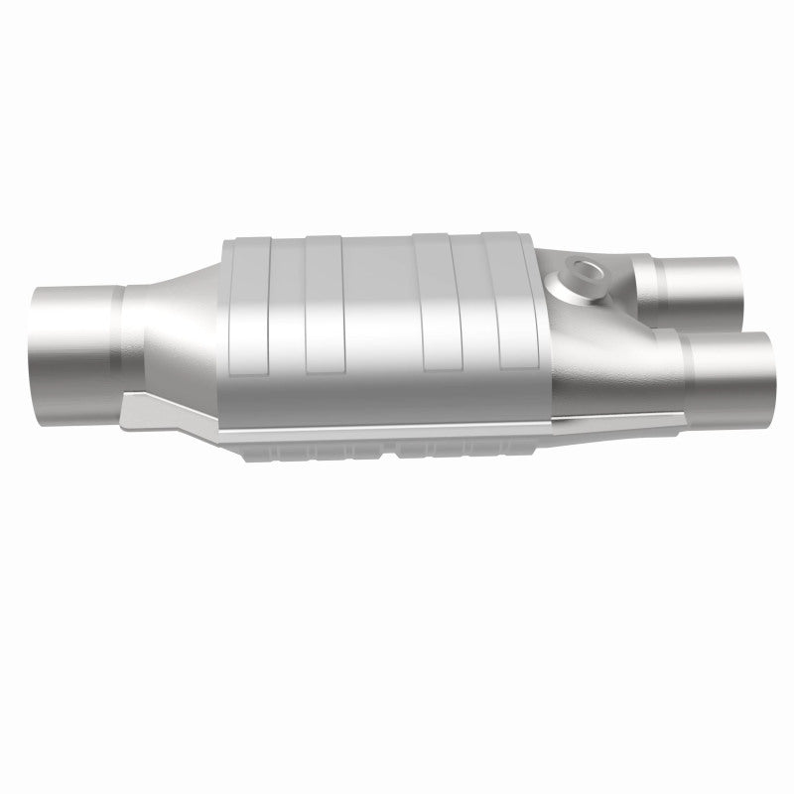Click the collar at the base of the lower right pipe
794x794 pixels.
tap(685, 372)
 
